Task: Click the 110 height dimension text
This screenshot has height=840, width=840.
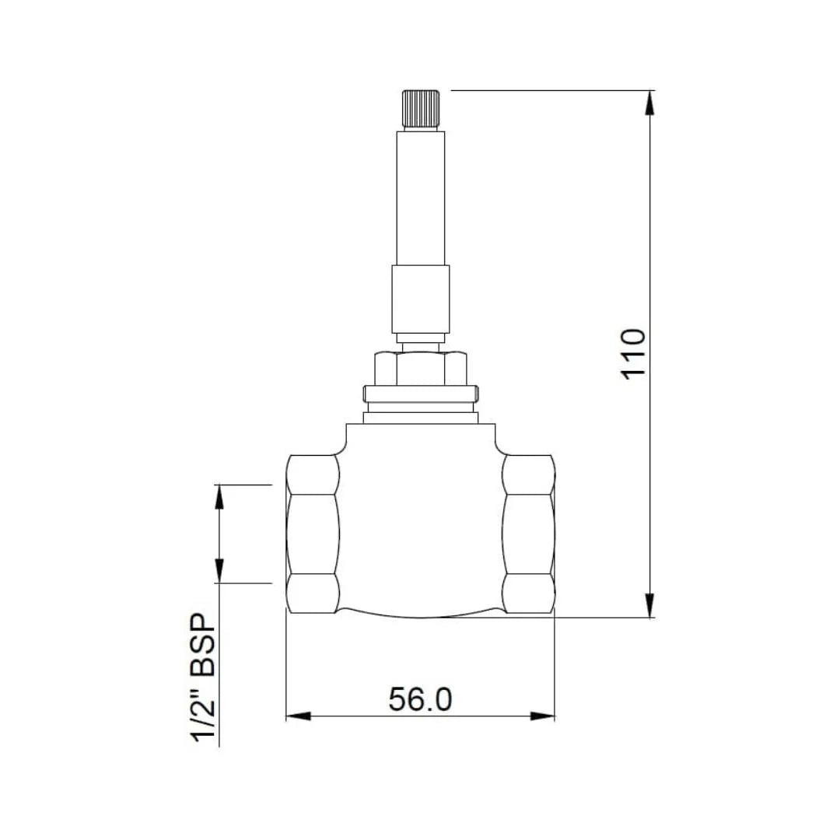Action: (634, 354)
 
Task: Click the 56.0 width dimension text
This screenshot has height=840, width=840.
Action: (420, 699)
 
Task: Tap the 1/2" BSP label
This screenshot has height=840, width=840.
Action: (204, 678)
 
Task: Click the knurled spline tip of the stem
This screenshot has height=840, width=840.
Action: (420, 110)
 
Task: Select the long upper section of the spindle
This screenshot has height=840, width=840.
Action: (420, 198)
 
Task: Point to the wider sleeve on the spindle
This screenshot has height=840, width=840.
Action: (420, 299)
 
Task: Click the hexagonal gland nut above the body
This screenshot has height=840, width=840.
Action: (420, 369)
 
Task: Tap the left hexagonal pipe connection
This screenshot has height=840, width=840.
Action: (313, 534)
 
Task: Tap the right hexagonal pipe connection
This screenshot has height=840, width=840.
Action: (529, 534)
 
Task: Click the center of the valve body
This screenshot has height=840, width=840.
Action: (420, 521)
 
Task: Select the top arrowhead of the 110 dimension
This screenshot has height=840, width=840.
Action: (651, 102)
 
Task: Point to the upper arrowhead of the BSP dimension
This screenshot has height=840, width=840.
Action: (219, 495)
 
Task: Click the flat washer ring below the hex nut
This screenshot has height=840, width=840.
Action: (420, 395)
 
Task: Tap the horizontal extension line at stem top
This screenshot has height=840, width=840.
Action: (544, 90)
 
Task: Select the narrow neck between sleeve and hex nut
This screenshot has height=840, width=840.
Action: (420, 338)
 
